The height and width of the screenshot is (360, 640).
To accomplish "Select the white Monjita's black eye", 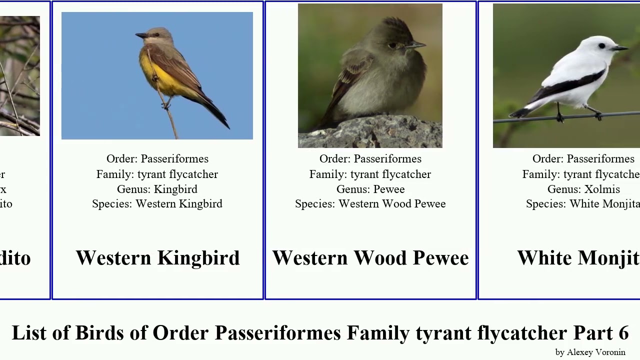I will pos(602,45).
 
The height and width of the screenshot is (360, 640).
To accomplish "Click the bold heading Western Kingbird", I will pos(157,258).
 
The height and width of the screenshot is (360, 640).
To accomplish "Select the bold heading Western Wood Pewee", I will pos(370,258).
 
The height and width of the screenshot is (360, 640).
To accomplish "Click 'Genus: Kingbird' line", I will pos(157,189).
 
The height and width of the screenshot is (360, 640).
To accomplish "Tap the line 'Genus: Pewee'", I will pos(370,189).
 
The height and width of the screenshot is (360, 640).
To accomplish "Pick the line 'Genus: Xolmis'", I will pos(583,189).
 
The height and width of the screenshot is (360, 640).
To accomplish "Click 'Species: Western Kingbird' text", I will pos(157,204).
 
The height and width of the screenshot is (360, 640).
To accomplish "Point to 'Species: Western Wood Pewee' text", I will pos(370,204).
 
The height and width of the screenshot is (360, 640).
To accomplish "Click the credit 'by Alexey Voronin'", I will pos(590,352).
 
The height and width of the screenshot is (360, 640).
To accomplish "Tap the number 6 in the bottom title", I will pos(623,332).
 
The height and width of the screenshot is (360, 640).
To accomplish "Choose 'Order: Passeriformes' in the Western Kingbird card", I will pos(157,159).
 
